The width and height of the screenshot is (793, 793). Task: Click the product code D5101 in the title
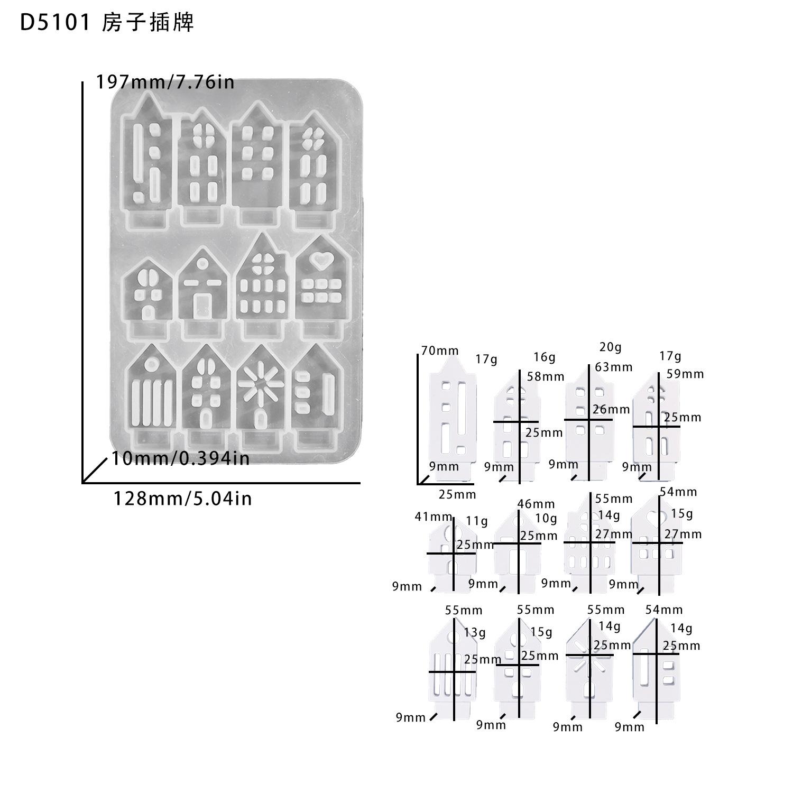tap(55, 23)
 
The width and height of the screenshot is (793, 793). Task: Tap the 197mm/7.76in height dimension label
tap(165, 82)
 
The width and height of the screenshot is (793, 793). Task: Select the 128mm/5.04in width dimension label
tap(182, 499)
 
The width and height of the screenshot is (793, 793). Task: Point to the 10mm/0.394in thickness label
tap(180, 458)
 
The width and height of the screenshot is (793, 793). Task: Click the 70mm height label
tap(440, 350)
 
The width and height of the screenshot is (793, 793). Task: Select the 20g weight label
tap(610, 347)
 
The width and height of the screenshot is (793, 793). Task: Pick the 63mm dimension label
tap(613, 366)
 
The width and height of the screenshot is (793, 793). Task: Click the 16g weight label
tap(544, 357)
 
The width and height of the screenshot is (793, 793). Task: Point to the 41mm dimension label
tap(434, 517)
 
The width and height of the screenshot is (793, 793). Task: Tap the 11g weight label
tap(477, 521)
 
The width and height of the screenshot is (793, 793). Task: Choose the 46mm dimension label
tap(536, 503)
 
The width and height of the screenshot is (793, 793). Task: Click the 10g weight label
tap(546, 518)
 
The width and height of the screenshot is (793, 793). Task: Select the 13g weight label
tap(474, 632)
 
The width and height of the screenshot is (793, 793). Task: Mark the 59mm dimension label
tap(685, 374)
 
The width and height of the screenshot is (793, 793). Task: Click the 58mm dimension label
tap(545, 376)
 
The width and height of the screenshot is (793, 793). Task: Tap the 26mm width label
tap(611, 409)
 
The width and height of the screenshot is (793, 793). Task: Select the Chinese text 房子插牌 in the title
tap(147, 23)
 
